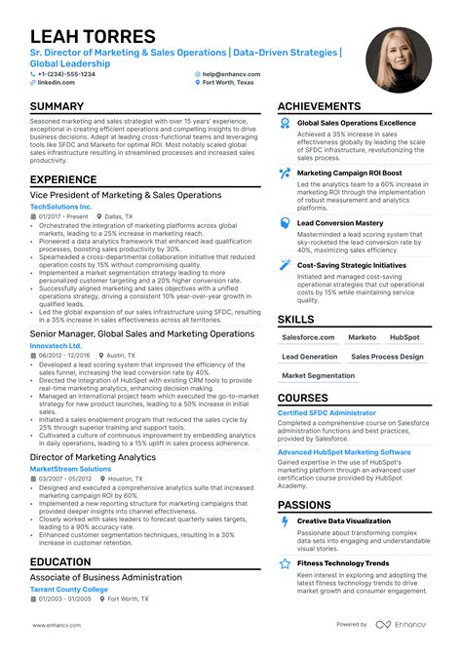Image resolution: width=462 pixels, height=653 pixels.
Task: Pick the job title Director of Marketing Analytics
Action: [93, 457]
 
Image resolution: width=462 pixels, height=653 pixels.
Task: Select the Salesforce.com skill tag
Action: [309, 337]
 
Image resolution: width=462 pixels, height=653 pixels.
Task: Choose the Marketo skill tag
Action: [362, 337]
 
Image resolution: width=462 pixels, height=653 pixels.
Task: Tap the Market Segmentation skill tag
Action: [319, 375]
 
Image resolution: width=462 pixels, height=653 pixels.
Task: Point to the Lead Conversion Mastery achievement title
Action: [340, 223]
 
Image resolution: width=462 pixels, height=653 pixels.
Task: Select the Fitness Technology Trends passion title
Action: [342, 563]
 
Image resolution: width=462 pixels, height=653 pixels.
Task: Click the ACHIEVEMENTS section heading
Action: [332, 106]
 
